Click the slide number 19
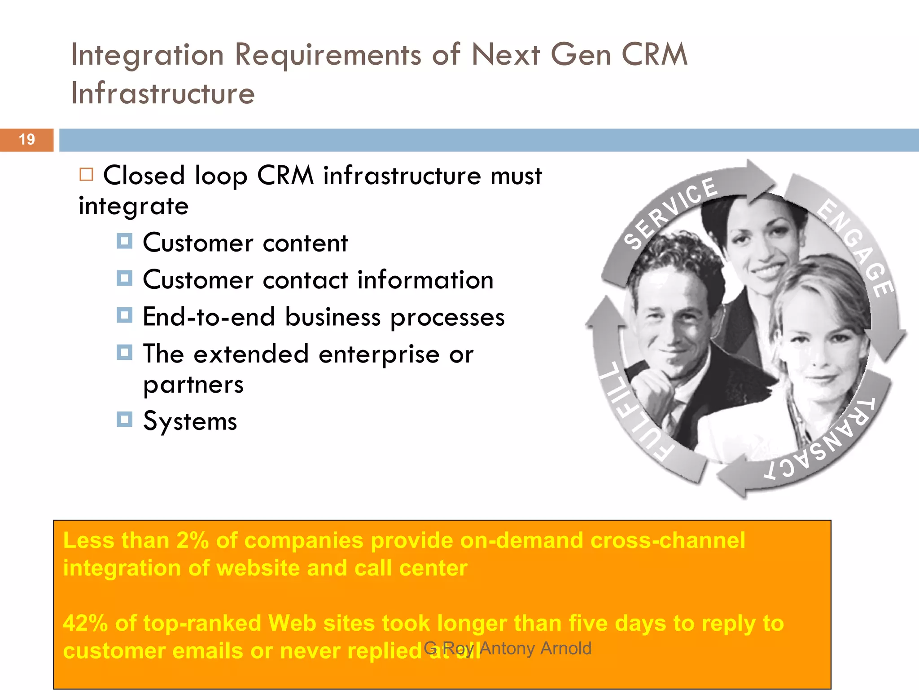pos(27,140)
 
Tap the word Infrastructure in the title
pos(163,93)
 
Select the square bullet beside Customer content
pos(124,241)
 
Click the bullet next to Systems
pos(124,420)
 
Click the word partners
pos(193,385)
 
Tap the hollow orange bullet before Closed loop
pos(86,174)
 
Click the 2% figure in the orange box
pos(192,540)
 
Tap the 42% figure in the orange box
pos(85,624)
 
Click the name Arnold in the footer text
pos(566,648)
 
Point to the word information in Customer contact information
pos(425,280)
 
